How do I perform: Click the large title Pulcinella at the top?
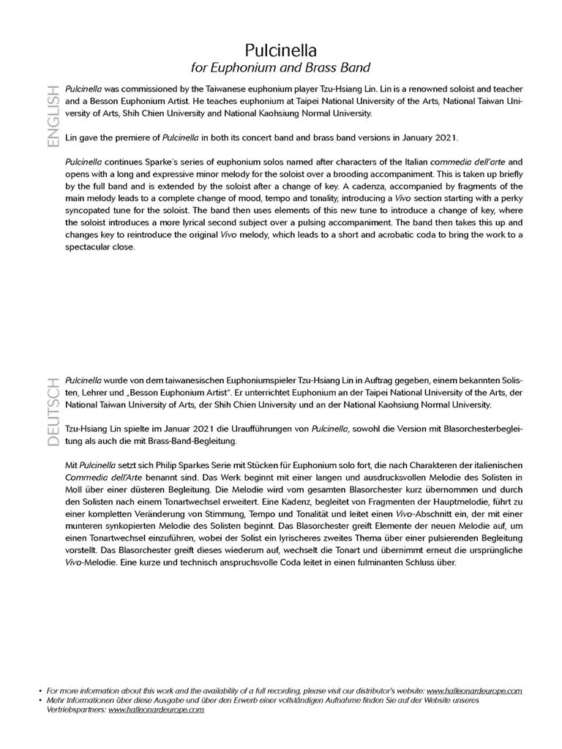click(280, 51)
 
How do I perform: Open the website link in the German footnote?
click(156, 710)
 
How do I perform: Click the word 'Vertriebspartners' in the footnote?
click(75, 710)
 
